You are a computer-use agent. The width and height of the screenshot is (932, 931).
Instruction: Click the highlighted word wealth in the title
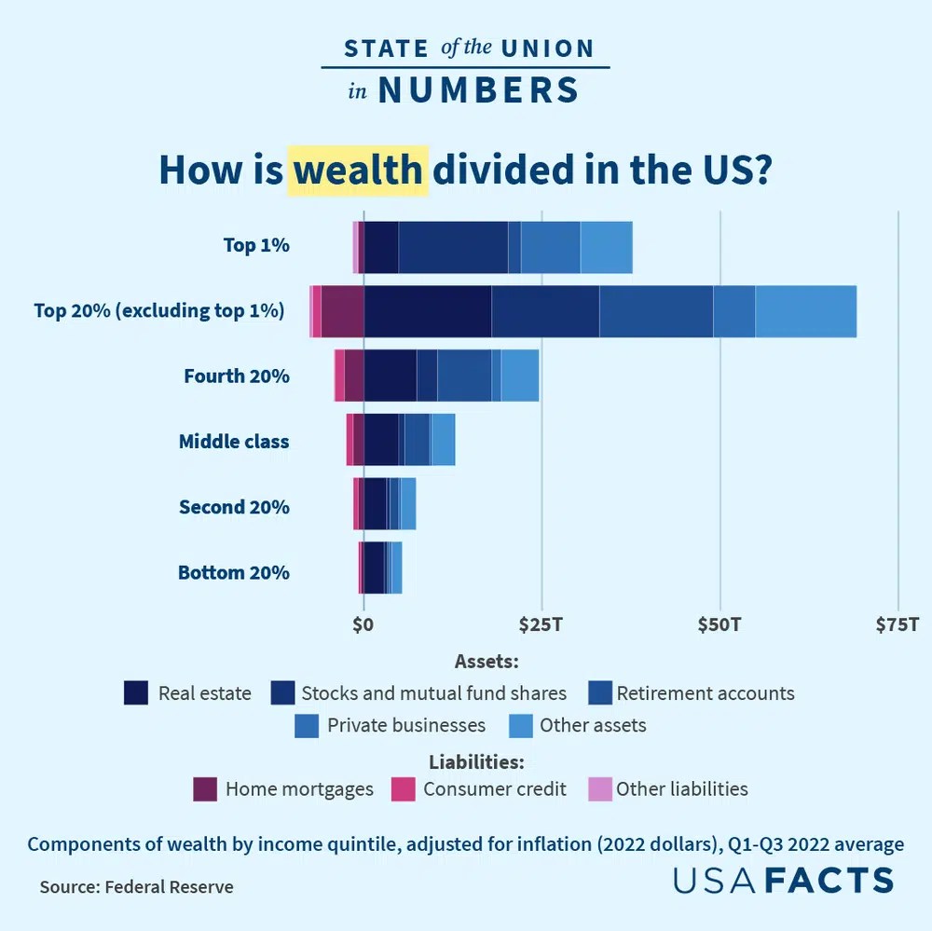[359, 171]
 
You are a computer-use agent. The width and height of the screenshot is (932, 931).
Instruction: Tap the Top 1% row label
[256, 246]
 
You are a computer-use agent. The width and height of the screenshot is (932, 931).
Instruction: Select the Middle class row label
[234, 442]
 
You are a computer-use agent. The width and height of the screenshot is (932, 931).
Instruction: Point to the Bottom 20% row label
[234, 572]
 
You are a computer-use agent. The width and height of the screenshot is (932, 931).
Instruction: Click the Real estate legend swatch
[136, 693]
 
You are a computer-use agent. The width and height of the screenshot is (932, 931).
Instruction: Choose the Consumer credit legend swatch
[403, 789]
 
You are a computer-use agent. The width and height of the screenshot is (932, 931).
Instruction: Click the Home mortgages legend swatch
[205, 789]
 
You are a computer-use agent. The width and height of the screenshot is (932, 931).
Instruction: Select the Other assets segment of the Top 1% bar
[606, 247]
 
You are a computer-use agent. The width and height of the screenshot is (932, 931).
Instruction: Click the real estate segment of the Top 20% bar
[427, 312]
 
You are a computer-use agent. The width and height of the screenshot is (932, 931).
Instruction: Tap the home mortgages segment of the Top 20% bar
[342, 312]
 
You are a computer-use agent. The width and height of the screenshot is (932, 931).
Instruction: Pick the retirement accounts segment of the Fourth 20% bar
[464, 376]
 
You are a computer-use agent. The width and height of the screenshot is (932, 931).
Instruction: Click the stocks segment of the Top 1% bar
[453, 247]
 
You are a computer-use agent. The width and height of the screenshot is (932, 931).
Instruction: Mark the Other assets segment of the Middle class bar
[444, 440]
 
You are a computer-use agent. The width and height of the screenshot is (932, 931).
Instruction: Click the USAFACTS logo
[784, 880]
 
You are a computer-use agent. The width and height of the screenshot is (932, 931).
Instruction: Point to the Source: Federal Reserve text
[136, 887]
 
